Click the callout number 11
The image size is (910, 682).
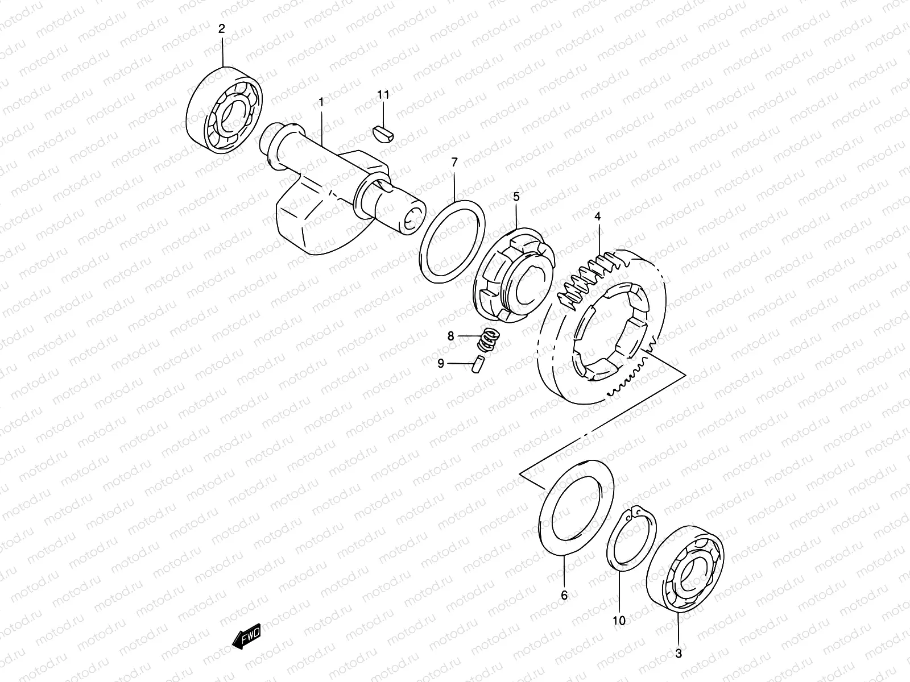[x=384, y=95]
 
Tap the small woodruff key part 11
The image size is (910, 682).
[x=384, y=132]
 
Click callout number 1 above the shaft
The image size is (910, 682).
[x=321, y=102]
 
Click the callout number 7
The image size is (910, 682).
[x=454, y=163]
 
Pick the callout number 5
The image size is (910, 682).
[x=516, y=197]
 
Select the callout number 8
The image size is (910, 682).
[x=451, y=336]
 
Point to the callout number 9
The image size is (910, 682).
[x=441, y=364]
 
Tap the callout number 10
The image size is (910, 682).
[x=619, y=621]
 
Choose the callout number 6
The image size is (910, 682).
[x=564, y=596]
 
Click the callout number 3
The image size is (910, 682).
[x=678, y=654]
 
